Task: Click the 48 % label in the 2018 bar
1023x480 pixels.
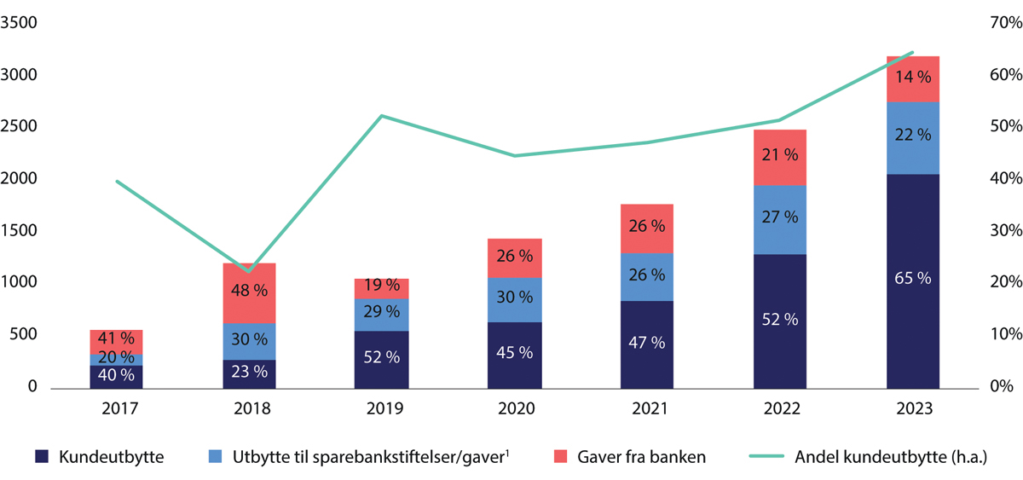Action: [250, 290]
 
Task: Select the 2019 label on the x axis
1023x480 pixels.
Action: [383, 408]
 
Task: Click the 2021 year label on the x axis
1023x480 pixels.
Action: [647, 408]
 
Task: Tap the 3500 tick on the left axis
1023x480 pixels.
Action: [20, 23]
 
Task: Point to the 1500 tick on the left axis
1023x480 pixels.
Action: [20, 231]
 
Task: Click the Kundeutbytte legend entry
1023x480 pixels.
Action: [112, 457]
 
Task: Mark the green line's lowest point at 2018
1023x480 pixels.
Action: [250, 272]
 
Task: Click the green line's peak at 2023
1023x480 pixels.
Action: [912, 53]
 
